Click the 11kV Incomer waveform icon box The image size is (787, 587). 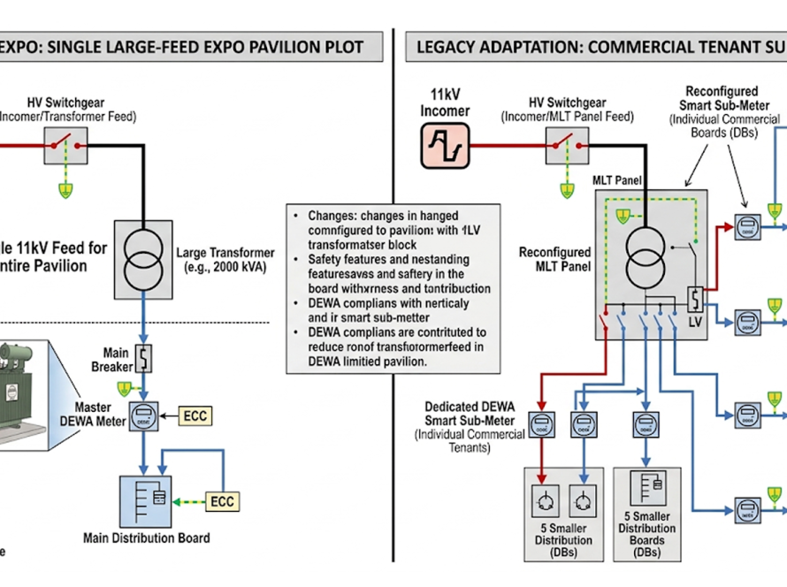(445, 144)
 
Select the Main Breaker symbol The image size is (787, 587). (142, 359)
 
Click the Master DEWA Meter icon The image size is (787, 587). (143, 415)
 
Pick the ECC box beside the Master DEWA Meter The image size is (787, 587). (196, 415)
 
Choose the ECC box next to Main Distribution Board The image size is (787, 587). (222, 501)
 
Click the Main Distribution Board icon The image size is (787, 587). (145, 501)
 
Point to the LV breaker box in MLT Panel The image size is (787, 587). (695, 296)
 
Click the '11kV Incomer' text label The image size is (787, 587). (445, 103)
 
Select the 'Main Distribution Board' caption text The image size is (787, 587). (146, 537)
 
